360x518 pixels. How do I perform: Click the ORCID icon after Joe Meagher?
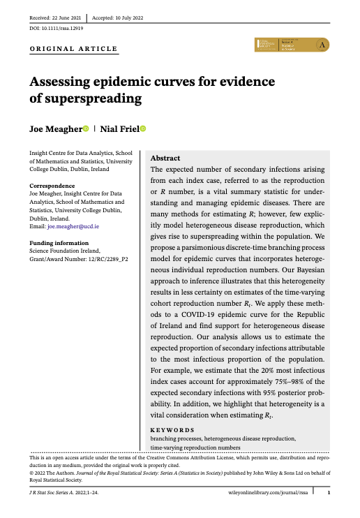click(86, 129)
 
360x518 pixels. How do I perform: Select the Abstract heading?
click(166, 158)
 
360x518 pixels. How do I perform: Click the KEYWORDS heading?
click(172, 429)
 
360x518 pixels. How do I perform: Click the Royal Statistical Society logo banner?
click(292, 44)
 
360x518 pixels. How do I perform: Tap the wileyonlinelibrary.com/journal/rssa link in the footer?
click(269, 493)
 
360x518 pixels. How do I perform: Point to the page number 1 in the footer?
click(329, 493)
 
